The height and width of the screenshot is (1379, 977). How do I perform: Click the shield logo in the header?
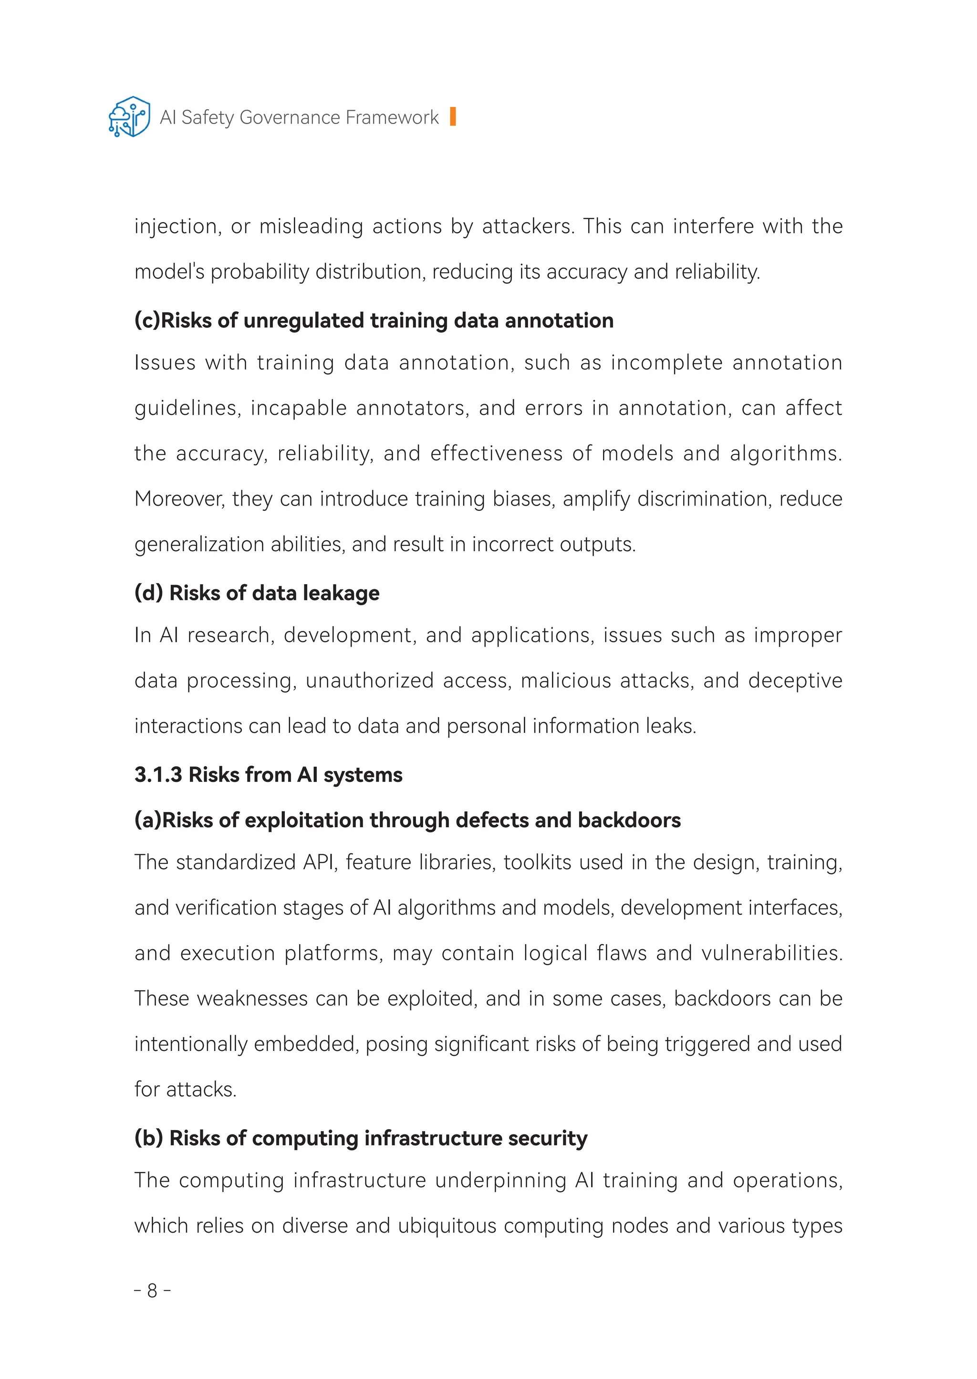[x=129, y=117]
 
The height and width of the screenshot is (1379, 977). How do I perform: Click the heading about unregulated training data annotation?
[x=374, y=320]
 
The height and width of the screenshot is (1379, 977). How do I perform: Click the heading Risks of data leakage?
[x=257, y=593]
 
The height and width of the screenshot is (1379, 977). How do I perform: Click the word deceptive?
[x=795, y=681]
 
